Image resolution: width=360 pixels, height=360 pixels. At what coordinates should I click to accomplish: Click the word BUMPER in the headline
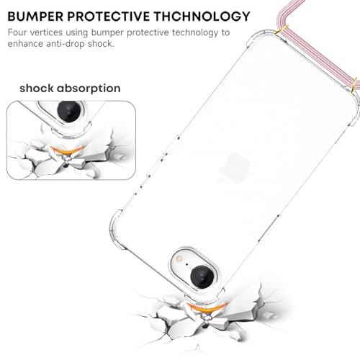pos(35,17)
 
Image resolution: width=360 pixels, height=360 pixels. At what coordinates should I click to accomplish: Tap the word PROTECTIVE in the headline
pos(108,17)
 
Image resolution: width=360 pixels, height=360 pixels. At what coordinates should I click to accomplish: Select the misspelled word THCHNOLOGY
pos(202,17)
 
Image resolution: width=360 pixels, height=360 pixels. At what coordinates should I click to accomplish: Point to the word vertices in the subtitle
pos(46,32)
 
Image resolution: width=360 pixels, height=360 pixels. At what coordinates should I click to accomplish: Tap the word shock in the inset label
pos(37,89)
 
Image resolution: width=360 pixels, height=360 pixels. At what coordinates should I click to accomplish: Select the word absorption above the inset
pos(89,89)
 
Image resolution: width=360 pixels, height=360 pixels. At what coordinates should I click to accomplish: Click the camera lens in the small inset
pos(68,111)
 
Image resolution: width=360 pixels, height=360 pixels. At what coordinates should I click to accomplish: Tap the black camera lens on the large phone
pos(202,276)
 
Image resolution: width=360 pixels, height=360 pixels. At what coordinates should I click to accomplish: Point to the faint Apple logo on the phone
pos(234,168)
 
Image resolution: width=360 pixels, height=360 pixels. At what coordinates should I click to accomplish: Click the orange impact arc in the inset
pos(63,150)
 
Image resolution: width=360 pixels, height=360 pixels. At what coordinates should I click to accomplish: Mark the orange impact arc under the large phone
pos(206,307)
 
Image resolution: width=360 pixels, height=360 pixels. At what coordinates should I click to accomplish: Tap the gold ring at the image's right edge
pos(355,86)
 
